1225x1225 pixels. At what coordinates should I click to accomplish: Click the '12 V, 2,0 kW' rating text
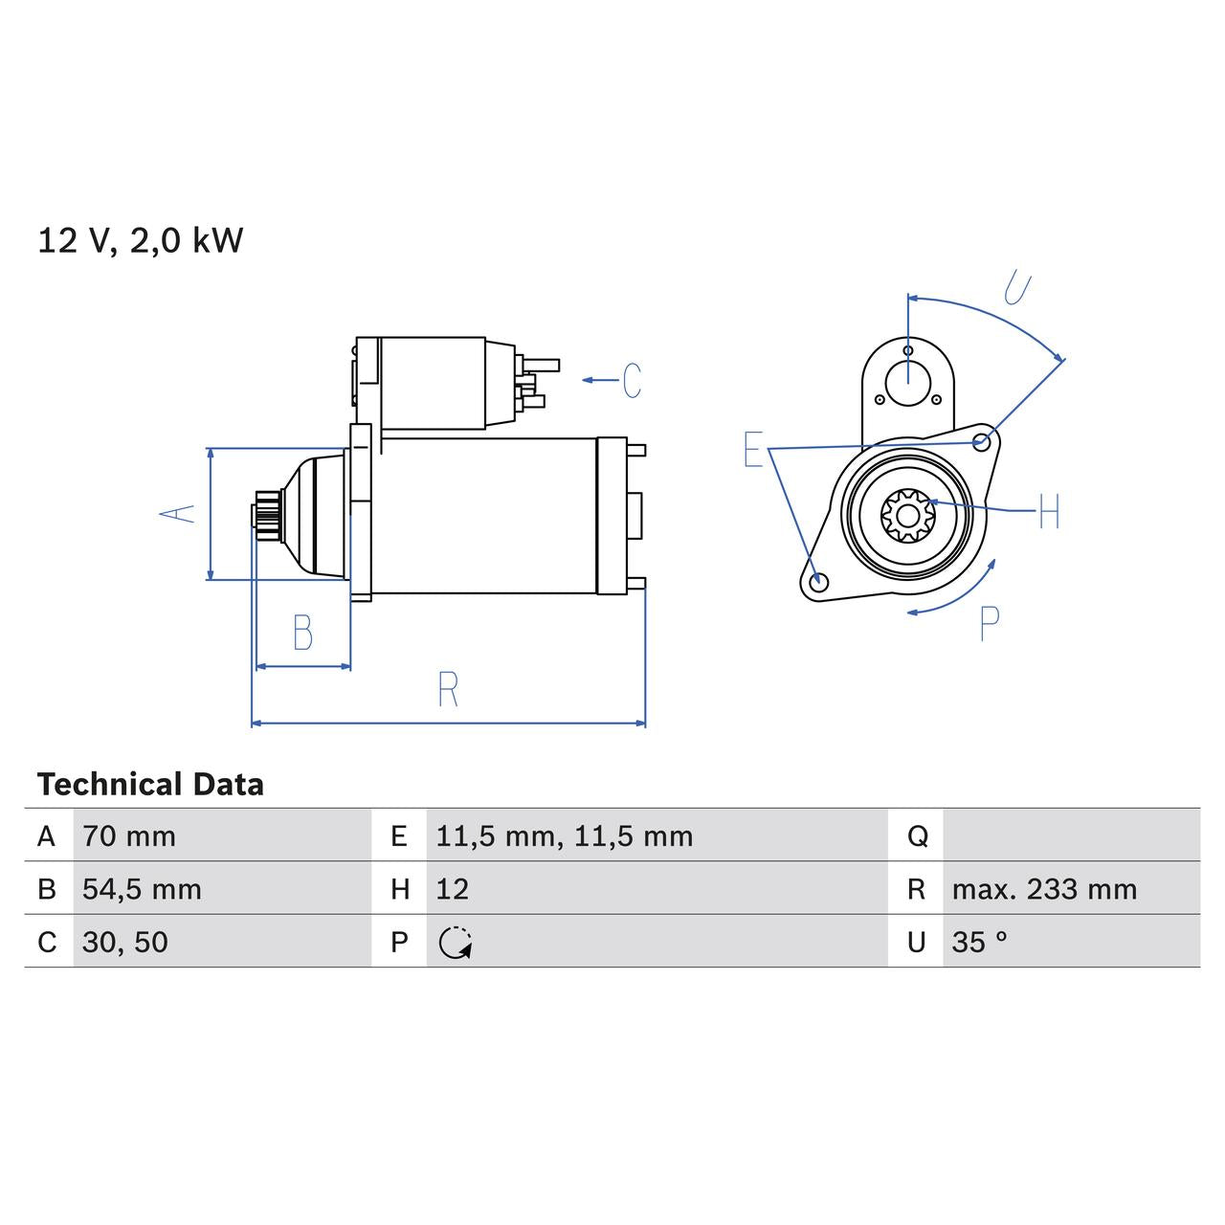(141, 240)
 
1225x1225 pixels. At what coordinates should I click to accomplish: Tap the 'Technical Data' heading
(150, 785)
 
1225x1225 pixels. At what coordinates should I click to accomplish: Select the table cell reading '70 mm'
(129, 836)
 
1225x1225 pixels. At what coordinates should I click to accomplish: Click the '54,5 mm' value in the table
(142, 889)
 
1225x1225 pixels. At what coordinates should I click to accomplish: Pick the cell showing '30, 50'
(125, 942)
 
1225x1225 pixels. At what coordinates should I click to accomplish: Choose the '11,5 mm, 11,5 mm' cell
(564, 836)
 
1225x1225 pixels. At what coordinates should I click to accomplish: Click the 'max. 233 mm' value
(1044, 889)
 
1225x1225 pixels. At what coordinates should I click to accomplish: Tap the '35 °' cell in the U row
(979, 942)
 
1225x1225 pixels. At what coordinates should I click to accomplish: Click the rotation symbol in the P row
(456, 943)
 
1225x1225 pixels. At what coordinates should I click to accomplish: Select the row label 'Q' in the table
(917, 836)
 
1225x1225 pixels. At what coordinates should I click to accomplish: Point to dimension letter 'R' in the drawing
(448, 690)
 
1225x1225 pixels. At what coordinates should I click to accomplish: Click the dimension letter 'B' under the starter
(302, 634)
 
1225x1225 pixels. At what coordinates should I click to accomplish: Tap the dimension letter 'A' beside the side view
(177, 514)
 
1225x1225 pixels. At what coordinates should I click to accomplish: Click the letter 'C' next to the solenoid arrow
(632, 381)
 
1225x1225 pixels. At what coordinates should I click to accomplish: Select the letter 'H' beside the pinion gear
(1049, 512)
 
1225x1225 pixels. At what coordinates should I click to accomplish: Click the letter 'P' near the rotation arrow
(990, 624)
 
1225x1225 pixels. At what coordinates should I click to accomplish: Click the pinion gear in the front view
(906, 517)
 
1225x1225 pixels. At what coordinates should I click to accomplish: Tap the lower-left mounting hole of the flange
(816, 582)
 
